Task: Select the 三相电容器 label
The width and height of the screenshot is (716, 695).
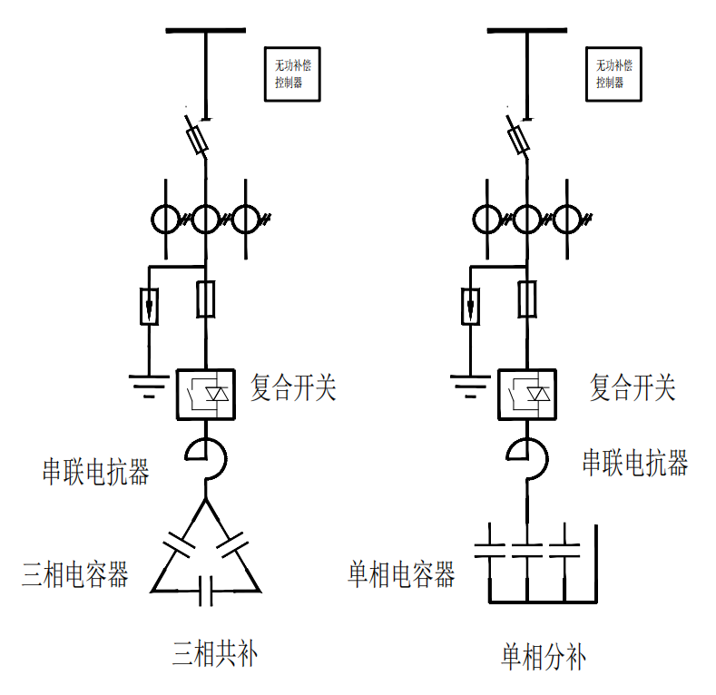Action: [75, 574]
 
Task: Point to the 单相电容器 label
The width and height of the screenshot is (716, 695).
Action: [401, 573]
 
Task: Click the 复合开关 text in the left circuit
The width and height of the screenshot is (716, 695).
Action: [293, 389]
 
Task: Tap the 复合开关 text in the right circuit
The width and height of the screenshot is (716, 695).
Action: [633, 389]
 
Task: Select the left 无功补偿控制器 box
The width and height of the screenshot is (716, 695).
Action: [295, 73]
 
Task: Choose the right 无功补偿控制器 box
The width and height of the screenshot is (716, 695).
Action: [615, 73]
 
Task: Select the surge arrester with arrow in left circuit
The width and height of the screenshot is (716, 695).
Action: [149, 306]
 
